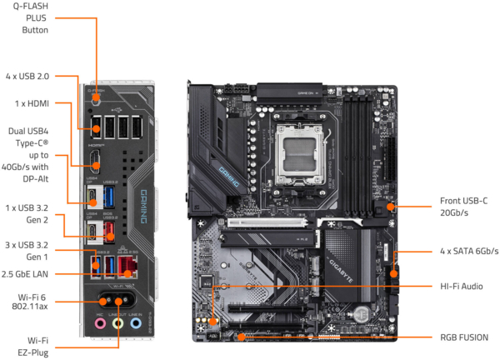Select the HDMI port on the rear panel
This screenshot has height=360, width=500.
[95, 160]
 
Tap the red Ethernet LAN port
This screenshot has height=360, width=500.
[127, 267]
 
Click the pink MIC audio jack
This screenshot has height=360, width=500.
[100, 323]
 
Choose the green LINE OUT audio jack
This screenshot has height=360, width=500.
[118, 323]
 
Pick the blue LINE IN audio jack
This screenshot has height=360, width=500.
[136, 323]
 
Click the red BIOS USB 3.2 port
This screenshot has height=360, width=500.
[108, 232]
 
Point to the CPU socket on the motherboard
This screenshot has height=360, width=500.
[299, 154]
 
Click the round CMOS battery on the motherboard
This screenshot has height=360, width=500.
[362, 312]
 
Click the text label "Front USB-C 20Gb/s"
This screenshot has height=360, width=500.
[463, 207]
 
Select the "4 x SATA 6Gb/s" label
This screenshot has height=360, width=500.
[469, 252]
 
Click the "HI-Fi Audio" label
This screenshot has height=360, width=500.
[462, 287]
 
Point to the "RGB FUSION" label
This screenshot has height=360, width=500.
[464, 337]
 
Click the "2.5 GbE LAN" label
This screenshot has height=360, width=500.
[25, 274]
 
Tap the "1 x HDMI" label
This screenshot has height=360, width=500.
[32, 103]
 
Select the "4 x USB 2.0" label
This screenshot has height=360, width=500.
[27, 77]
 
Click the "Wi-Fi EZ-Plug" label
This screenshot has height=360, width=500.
[33, 347]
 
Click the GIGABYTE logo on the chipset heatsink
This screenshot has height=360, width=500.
[341, 271]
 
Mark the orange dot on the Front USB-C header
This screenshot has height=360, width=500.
[390, 207]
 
